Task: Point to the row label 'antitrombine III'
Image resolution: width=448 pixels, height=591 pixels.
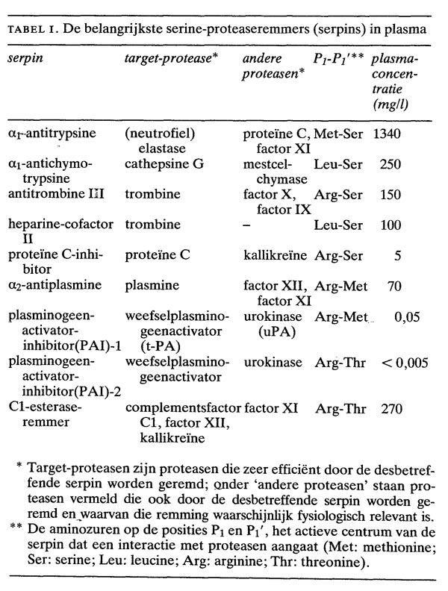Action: tap(55, 195)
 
